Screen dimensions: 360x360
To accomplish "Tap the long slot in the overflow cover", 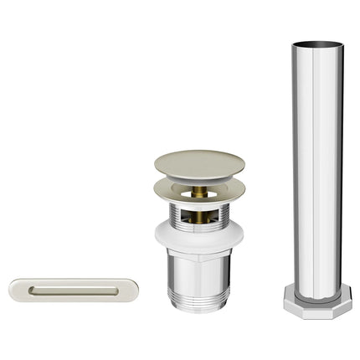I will [x=67, y=291].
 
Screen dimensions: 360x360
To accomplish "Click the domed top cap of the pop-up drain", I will [x=198, y=161].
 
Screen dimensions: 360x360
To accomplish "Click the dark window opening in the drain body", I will [x=201, y=216].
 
